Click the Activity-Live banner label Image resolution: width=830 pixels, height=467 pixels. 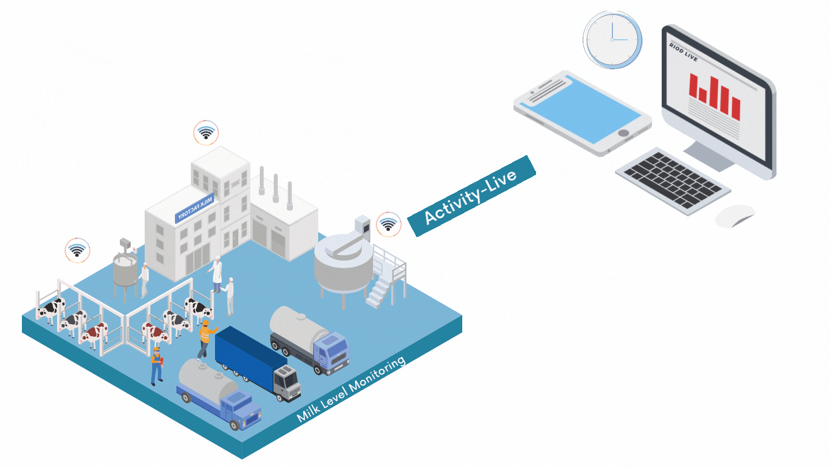(x=471, y=197)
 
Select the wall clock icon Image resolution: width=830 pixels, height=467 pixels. (x=612, y=39)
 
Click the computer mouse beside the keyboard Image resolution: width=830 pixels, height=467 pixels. (x=735, y=216)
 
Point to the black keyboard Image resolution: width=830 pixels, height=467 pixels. (x=673, y=180)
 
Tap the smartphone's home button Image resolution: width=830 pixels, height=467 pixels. (x=623, y=133)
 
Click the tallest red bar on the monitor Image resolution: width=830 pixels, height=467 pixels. (x=715, y=93)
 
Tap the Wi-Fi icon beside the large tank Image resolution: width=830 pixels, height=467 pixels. (x=388, y=224)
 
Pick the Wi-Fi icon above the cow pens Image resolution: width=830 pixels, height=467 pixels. (x=77, y=250)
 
